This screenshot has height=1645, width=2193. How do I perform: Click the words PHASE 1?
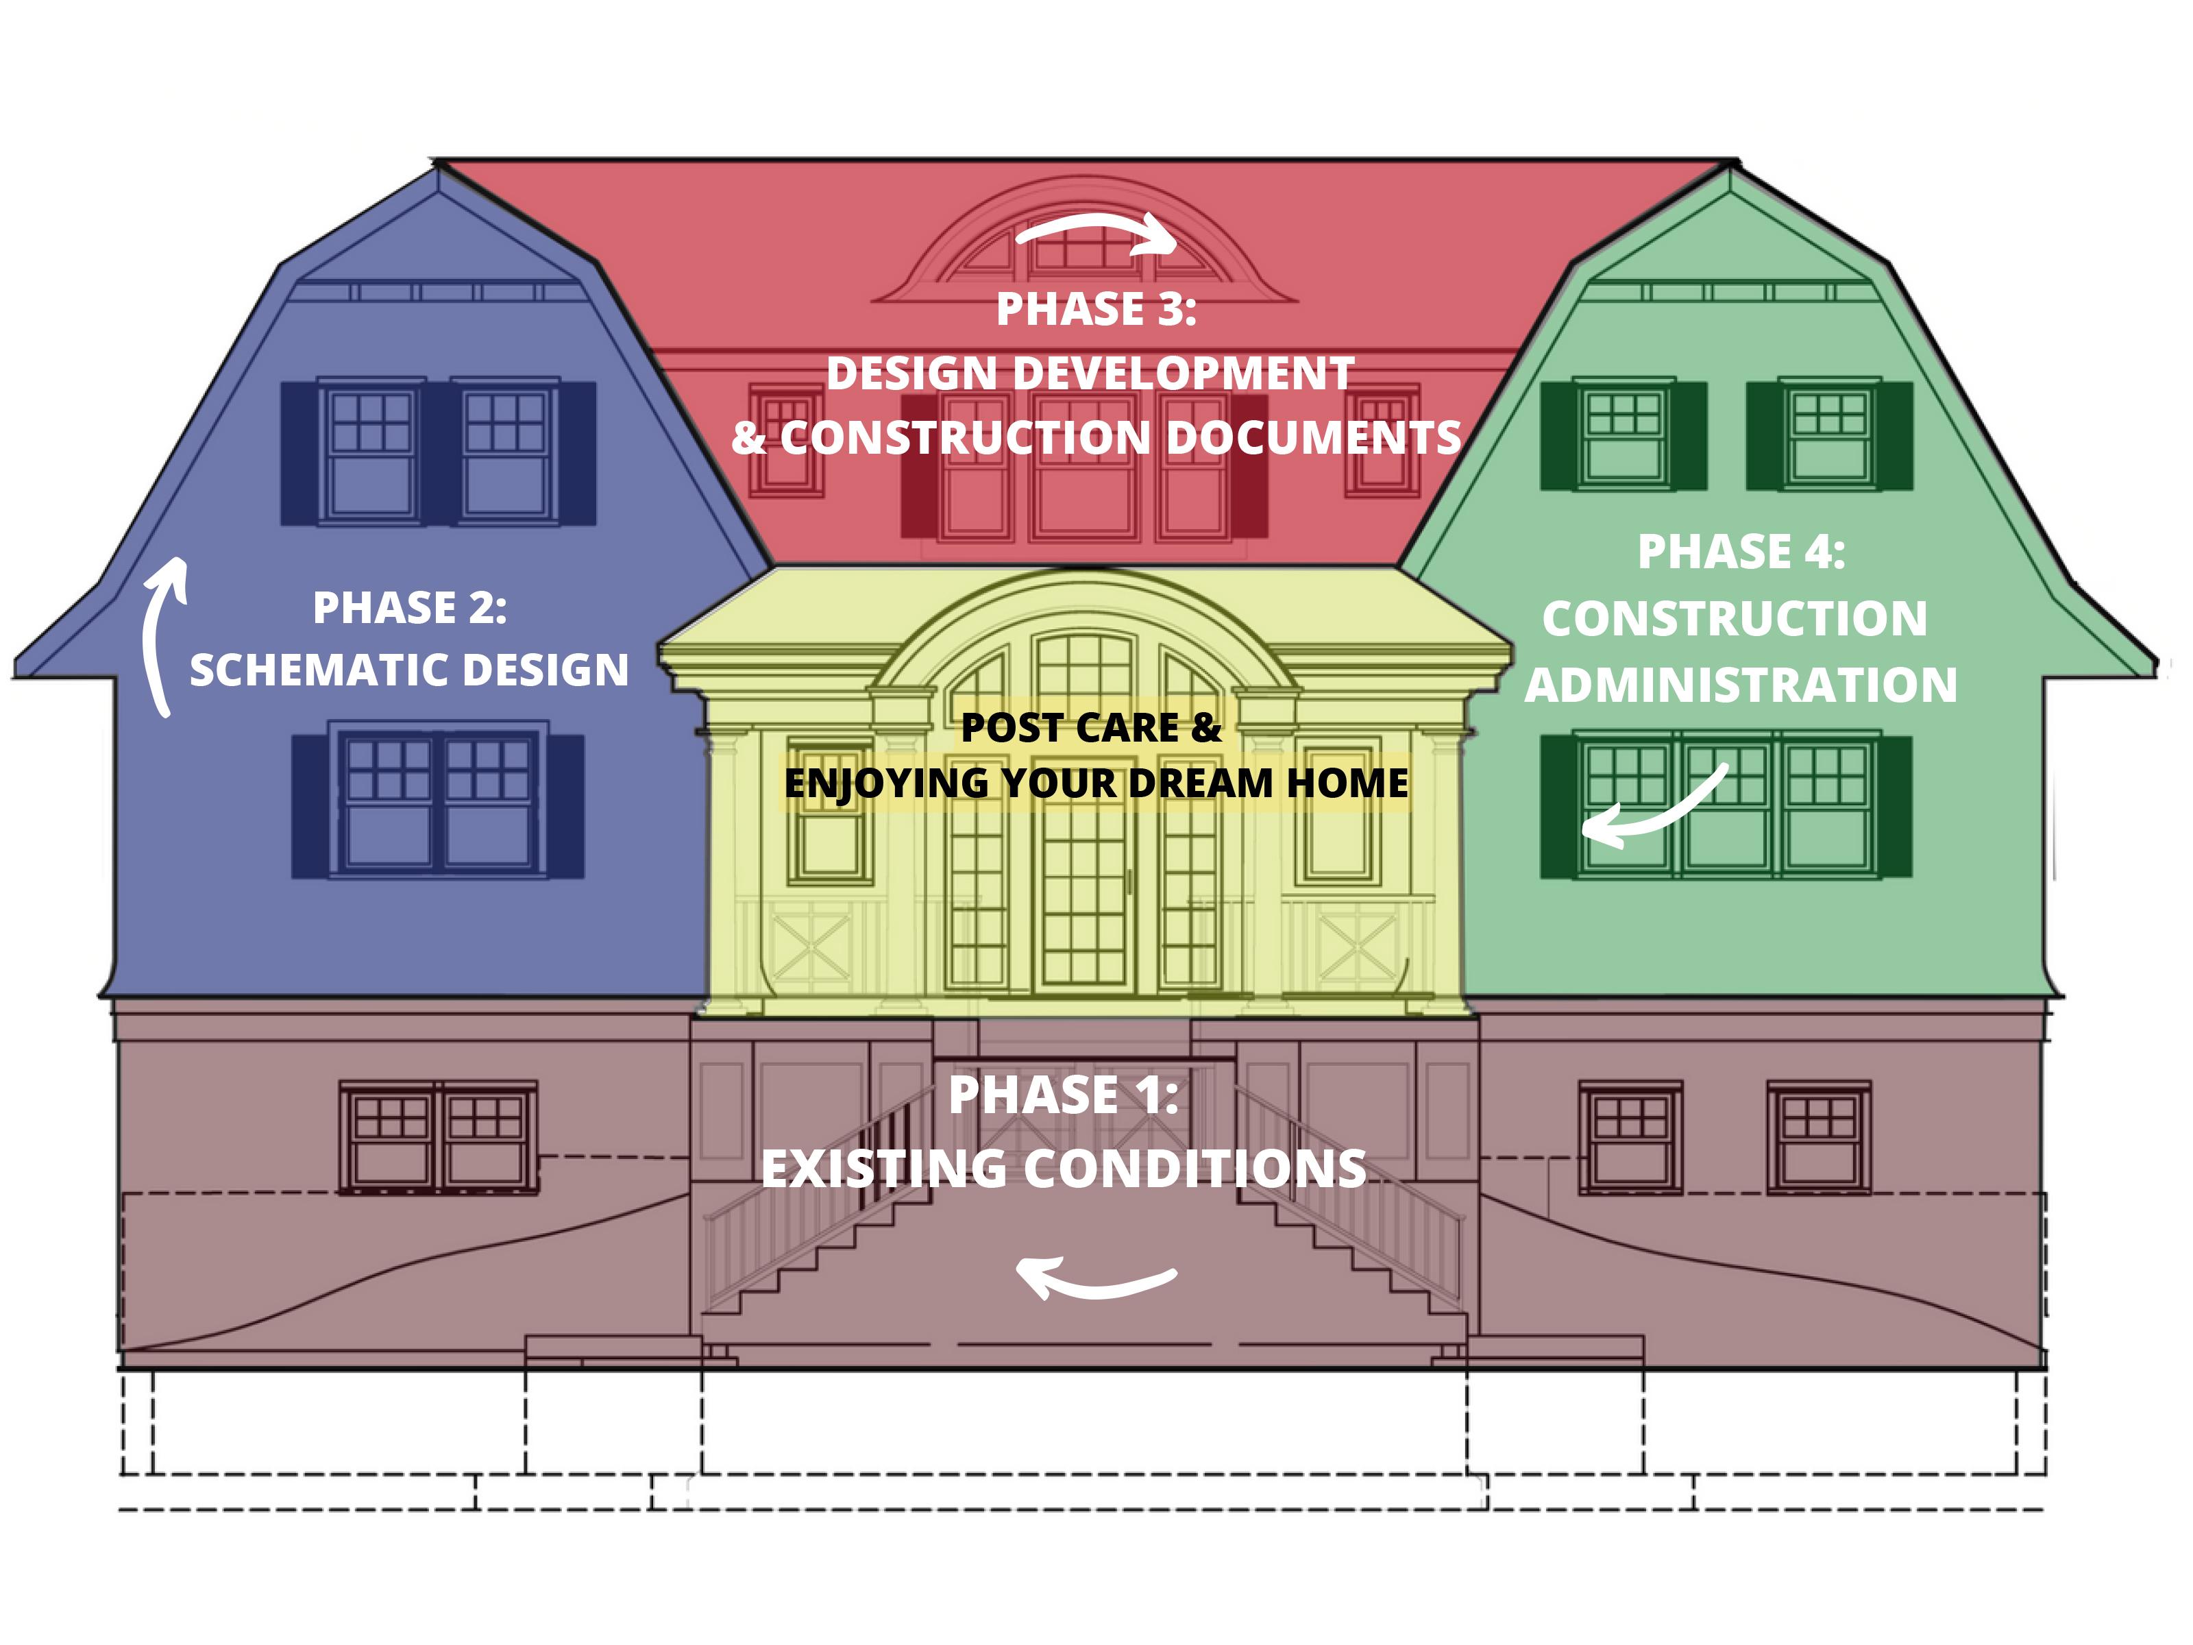(x=1063, y=1096)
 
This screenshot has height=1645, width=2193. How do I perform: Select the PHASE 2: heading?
(x=409, y=608)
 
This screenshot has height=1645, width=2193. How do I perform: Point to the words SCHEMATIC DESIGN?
(x=409, y=670)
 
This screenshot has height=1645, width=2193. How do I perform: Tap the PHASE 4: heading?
(x=1741, y=552)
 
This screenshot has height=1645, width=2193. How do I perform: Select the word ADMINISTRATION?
(x=1741, y=685)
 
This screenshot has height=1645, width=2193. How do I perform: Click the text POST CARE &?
(x=1090, y=728)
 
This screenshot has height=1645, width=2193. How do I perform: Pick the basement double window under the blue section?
(x=437, y=1136)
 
